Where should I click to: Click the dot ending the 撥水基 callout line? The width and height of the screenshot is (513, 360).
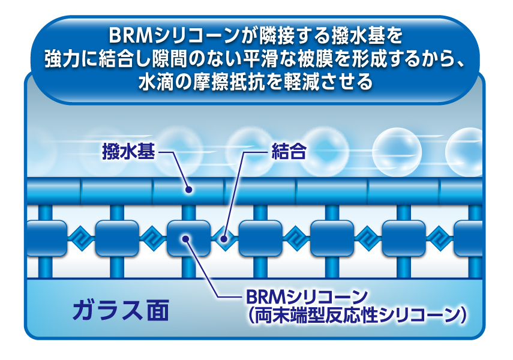click(189, 190)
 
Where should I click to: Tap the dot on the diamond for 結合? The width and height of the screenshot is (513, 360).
click(224, 239)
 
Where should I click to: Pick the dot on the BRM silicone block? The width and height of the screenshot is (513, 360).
click(187, 239)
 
